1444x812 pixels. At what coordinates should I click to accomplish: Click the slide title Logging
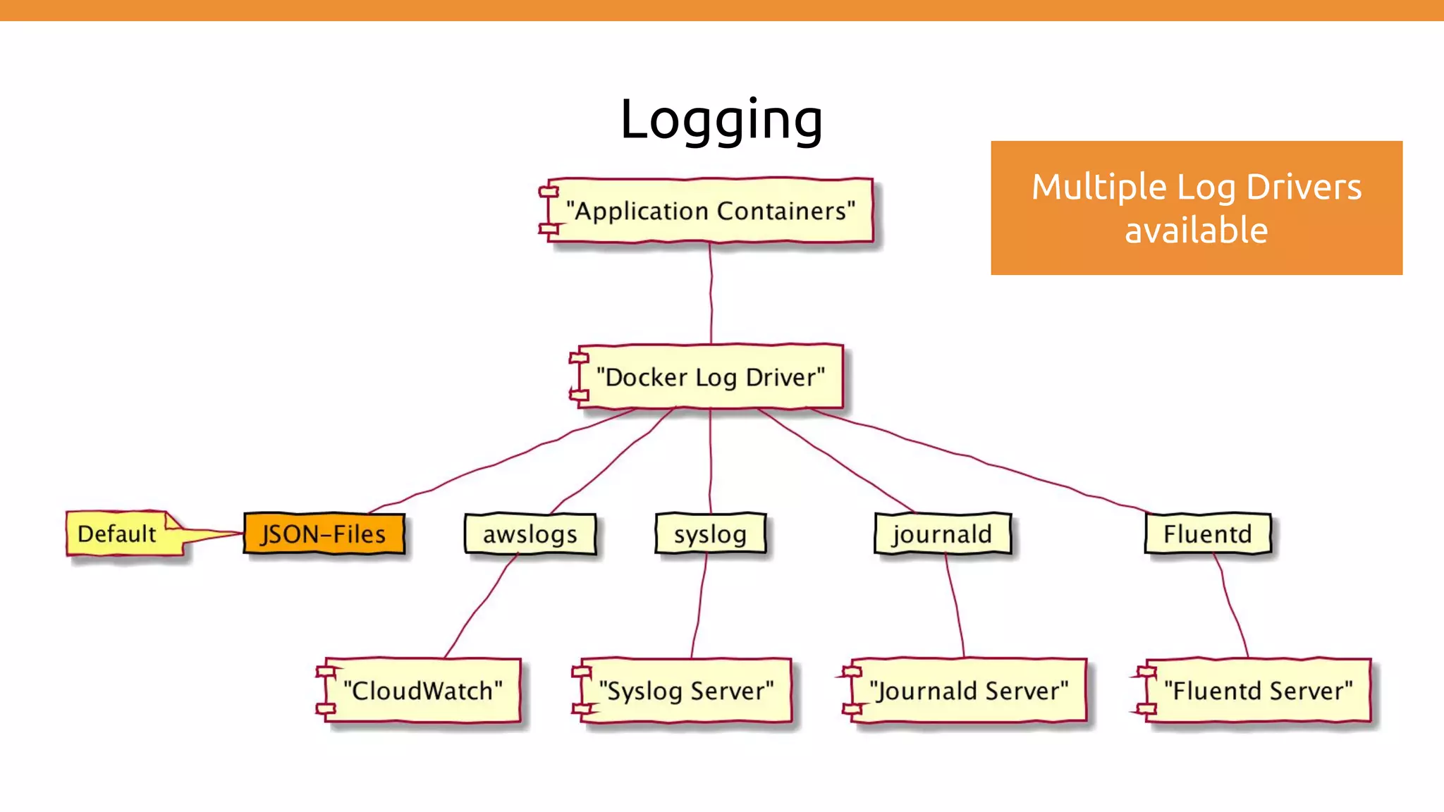point(721,119)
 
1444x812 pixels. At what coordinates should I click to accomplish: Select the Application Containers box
point(709,210)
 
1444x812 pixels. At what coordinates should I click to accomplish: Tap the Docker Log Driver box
point(709,376)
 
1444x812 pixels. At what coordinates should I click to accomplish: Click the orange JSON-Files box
point(324,534)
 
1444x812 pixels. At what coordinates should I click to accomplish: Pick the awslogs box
point(530,534)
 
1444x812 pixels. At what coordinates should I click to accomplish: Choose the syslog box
point(710,534)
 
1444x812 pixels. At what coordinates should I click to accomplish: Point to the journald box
point(942,534)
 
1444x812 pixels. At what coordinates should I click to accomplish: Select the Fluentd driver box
point(1207,534)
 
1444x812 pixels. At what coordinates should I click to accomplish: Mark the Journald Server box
point(968,690)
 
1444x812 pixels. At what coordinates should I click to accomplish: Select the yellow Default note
point(117,534)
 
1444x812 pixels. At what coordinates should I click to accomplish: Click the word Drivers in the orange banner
point(1303,187)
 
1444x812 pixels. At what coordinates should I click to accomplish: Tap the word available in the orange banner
point(1196,230)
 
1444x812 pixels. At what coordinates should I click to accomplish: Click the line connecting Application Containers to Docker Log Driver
point(711,293)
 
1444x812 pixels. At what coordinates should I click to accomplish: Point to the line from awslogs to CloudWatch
point(482,605)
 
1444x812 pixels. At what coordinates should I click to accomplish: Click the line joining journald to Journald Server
point(955,605)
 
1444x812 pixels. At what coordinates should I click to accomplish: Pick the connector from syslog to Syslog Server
point(699,605)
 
